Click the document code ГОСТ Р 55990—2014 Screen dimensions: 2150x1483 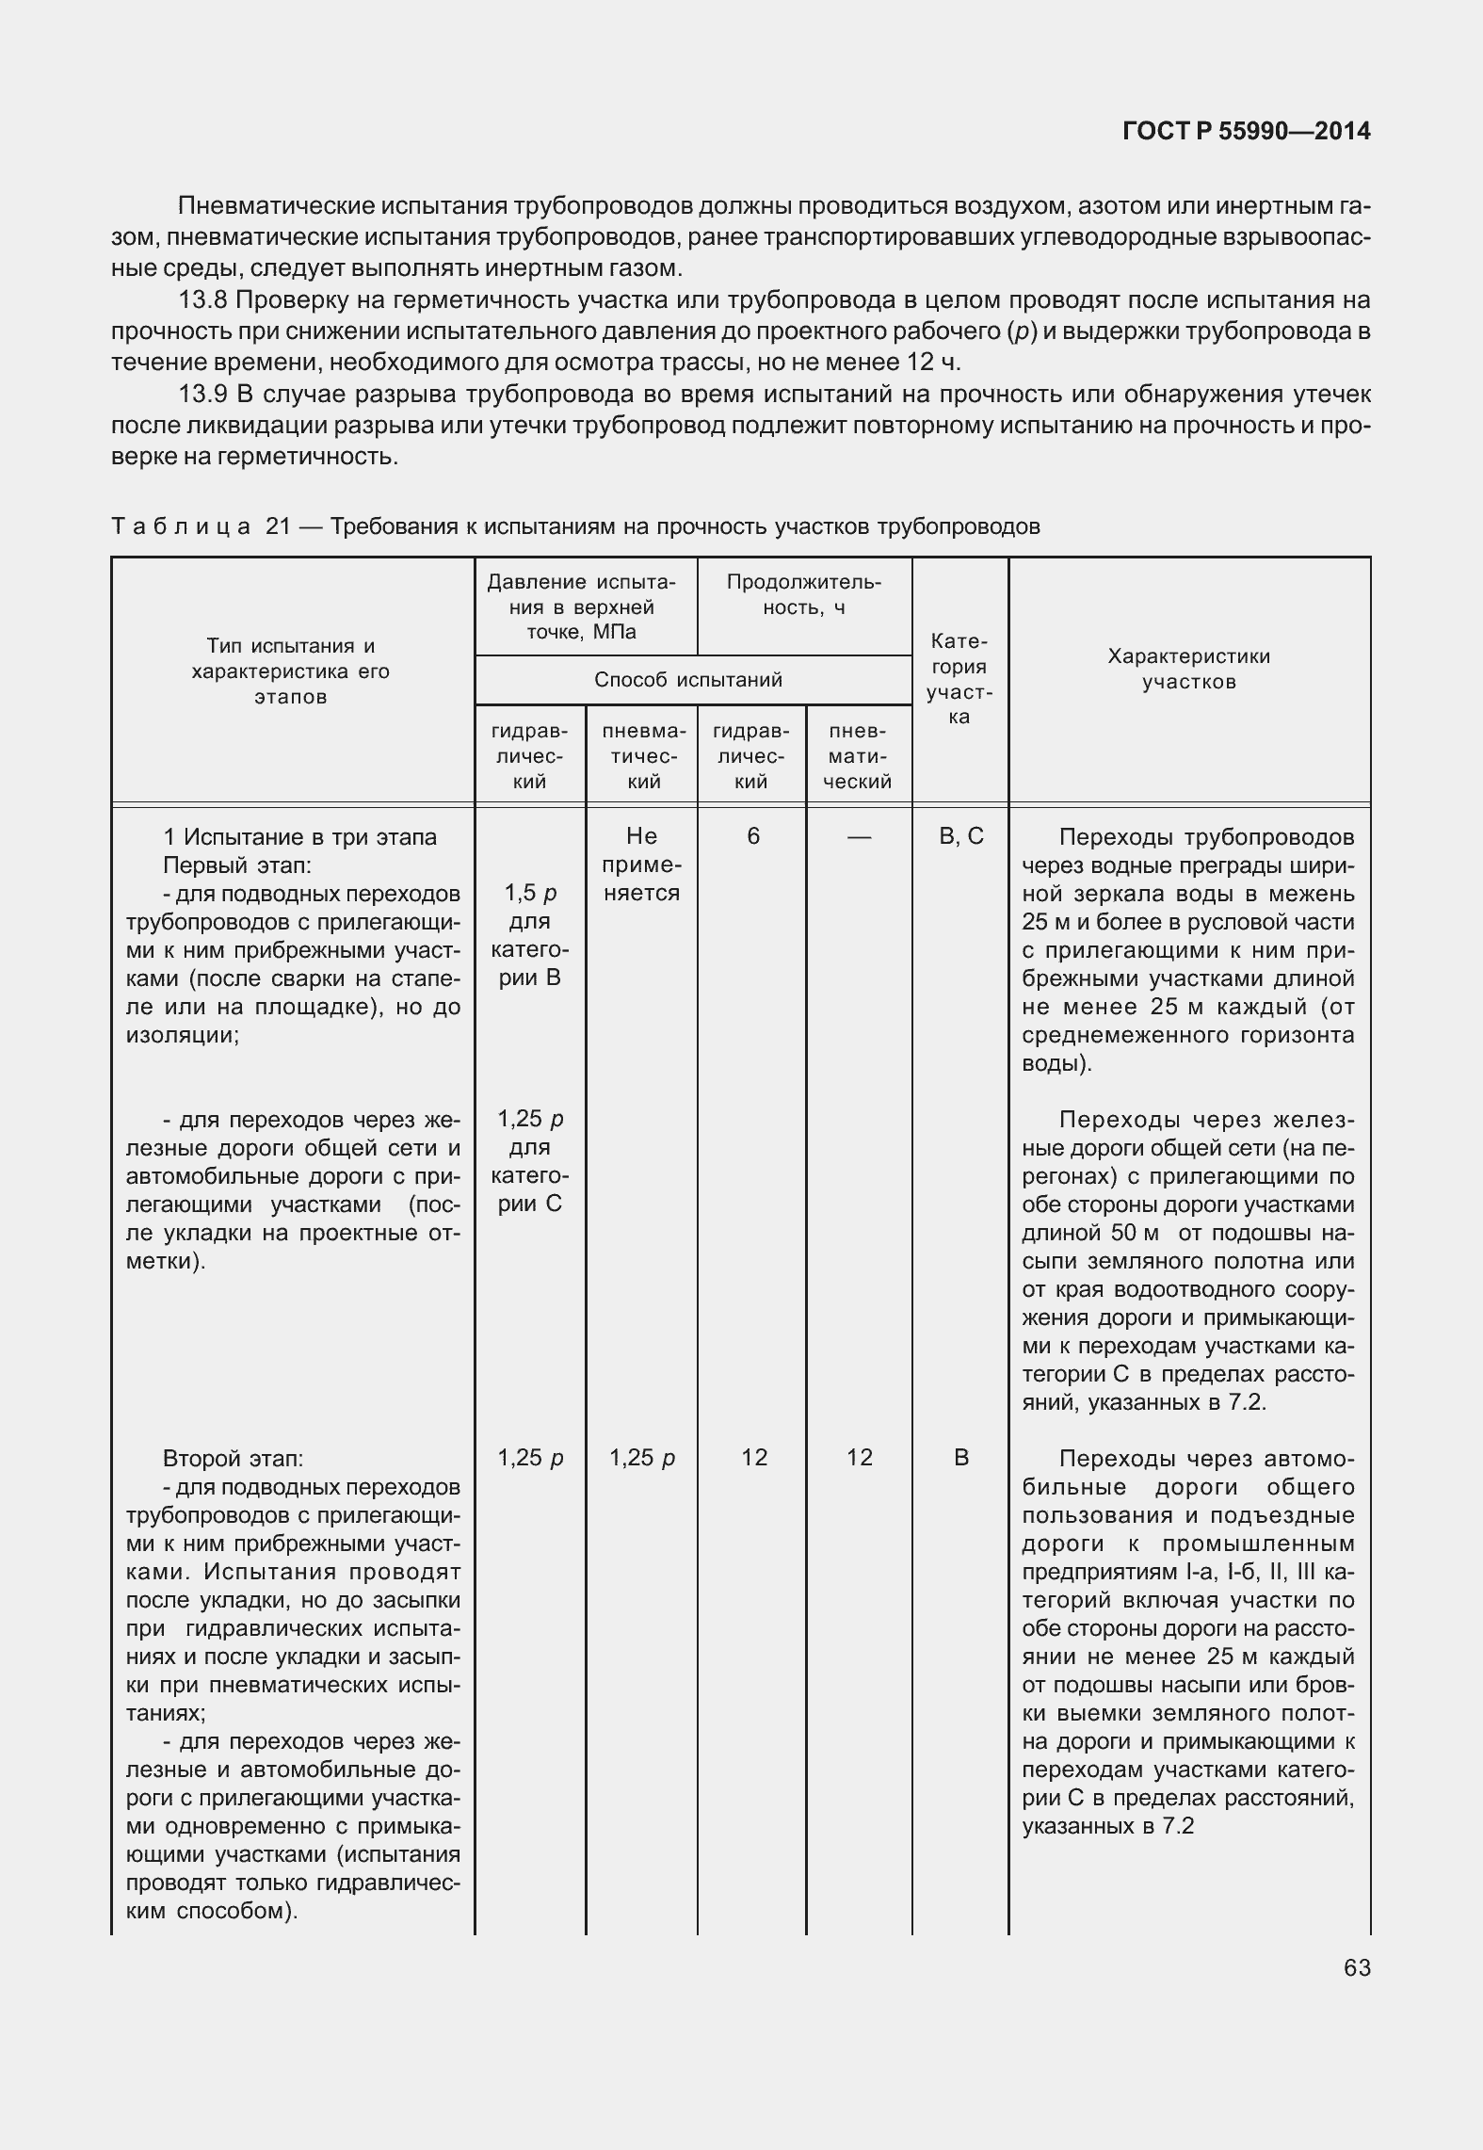[x=1246, y=132]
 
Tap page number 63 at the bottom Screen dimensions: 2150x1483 [x=1357, y=1967]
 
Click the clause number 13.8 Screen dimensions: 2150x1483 [x=204, y=300]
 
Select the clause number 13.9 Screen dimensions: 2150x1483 [x=204, y=394]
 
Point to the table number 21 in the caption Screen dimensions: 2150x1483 [x=279, y=526]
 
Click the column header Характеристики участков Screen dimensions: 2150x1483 [x=1188, y=669]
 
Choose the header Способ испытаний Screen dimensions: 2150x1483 [x=687, y=680]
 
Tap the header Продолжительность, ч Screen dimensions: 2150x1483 [x=804, y=594]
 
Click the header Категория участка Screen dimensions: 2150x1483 [x=959, y=679]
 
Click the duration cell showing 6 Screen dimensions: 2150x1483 [x=753, y=836]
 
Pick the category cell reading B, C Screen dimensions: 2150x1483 [x=961, y=836]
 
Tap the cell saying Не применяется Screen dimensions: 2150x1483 [x=641, y=865]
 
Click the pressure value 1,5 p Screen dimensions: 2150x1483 [x=530, y=893]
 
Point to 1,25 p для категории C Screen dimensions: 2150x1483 [x=530, y=1160]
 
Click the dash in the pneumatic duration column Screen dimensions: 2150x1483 [x=859, y=836]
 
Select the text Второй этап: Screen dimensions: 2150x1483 [x=233, y=1459]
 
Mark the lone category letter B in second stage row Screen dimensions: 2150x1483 [x=960, y=1459]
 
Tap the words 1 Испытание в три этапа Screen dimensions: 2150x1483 [x=299, y=836]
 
